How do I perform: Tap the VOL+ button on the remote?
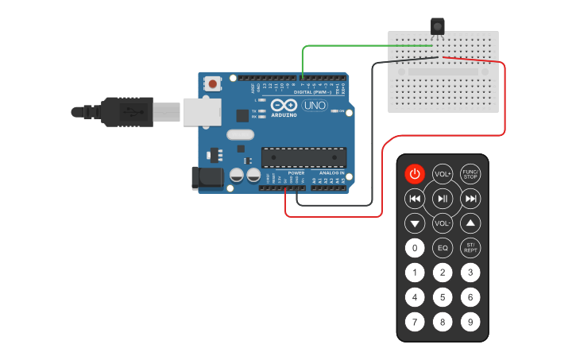point(443,173)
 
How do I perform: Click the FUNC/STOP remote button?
point(470,173)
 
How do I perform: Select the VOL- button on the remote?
point(443,223)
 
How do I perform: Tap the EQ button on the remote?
point(443,248)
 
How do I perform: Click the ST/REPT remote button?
point(470,248)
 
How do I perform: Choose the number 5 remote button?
point(443,298)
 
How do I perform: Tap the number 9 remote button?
point(470,323)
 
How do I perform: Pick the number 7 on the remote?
point(415,323)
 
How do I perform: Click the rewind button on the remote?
point(415,199)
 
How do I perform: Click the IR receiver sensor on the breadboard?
point(437,26)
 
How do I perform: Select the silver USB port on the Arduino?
point(202,111)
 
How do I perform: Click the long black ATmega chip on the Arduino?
point(304,158)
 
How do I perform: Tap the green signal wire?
point(350,46)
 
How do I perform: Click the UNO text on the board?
point(314,105)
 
